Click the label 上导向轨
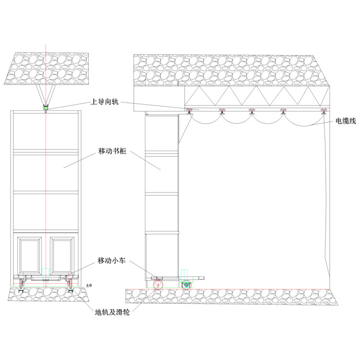105,101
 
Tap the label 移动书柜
112,151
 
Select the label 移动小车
112,261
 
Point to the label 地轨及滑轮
112,312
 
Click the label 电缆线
346,121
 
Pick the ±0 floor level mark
89,286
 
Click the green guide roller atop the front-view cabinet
46,107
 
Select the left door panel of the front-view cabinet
30,255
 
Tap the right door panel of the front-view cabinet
62,255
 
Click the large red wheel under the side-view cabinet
158,285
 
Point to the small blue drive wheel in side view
186,285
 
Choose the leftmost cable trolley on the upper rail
189,111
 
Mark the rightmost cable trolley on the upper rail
324,111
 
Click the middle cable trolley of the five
252,111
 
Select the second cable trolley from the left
222,111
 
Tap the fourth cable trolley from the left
283,111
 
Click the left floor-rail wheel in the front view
22,286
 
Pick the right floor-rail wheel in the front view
70,286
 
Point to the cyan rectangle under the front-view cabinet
46,277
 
